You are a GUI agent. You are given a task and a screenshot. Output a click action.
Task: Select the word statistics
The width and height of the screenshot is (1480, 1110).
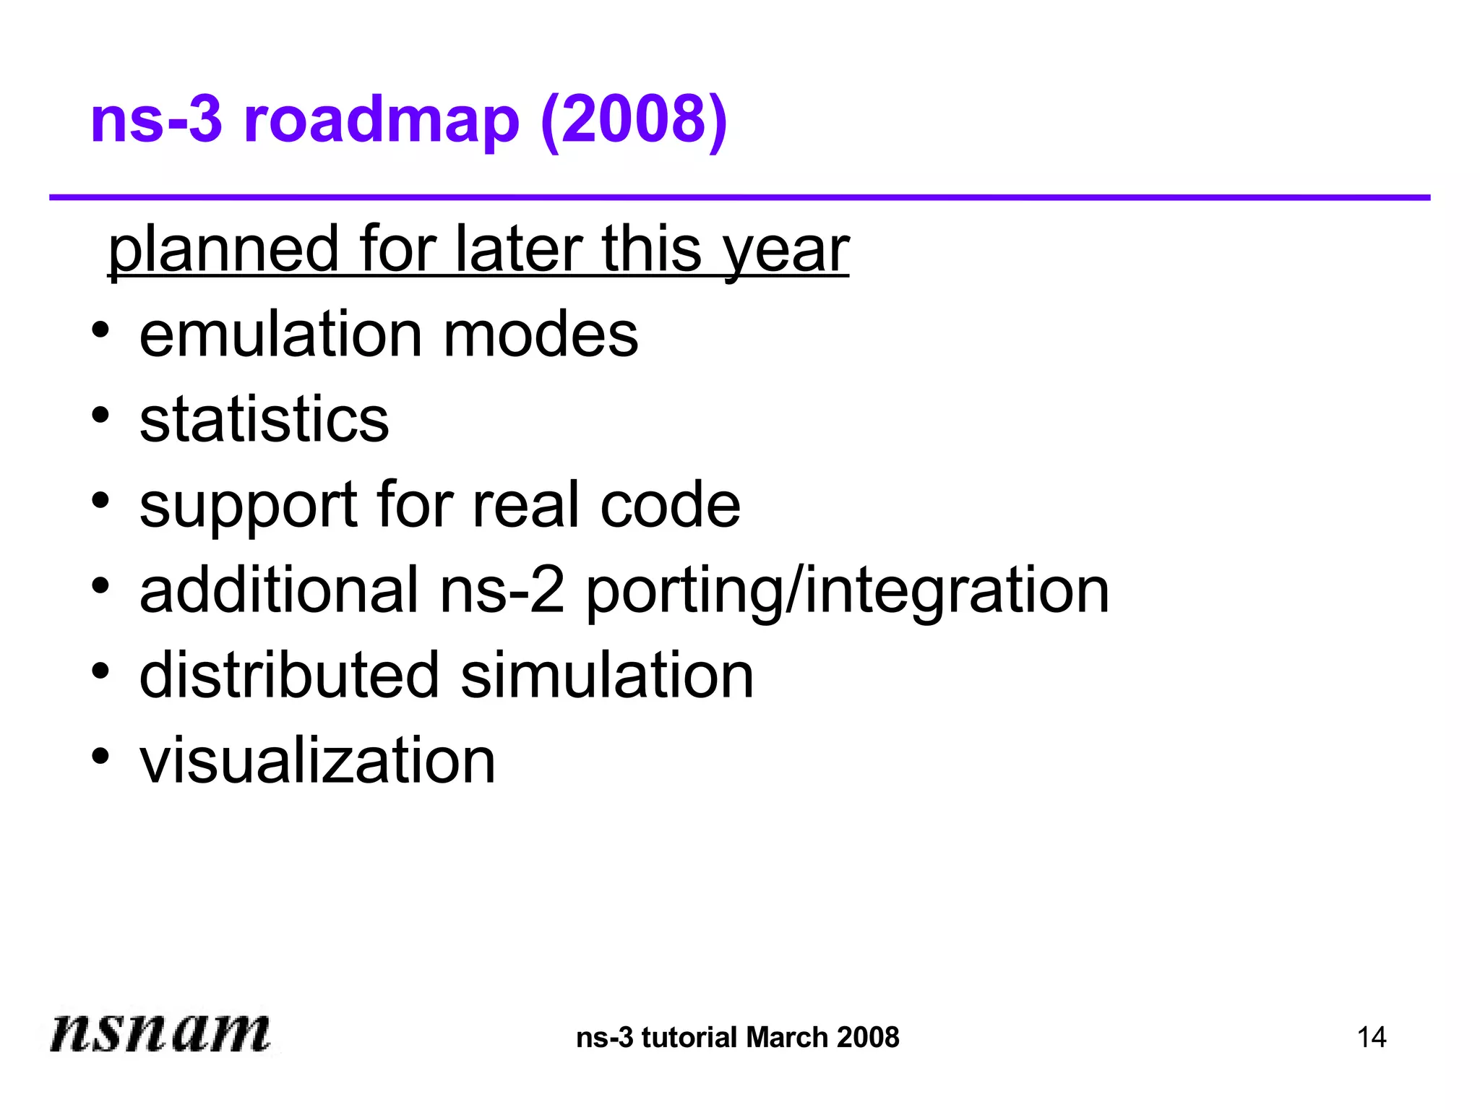pos(264,420)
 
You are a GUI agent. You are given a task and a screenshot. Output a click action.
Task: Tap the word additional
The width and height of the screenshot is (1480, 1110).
pos(279,590)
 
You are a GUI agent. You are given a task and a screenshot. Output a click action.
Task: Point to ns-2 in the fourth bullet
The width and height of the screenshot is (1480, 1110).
pos(502,590)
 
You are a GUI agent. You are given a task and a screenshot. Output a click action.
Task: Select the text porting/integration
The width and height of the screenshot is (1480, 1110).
pos(847,590)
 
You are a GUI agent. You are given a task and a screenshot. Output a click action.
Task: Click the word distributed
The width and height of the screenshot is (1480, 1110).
pos(289,676)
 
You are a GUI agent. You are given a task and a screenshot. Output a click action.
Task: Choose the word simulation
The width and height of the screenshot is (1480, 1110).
pos(607,676)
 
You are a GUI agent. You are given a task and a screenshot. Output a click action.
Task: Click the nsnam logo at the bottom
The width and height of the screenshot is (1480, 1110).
pos(160,1031)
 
